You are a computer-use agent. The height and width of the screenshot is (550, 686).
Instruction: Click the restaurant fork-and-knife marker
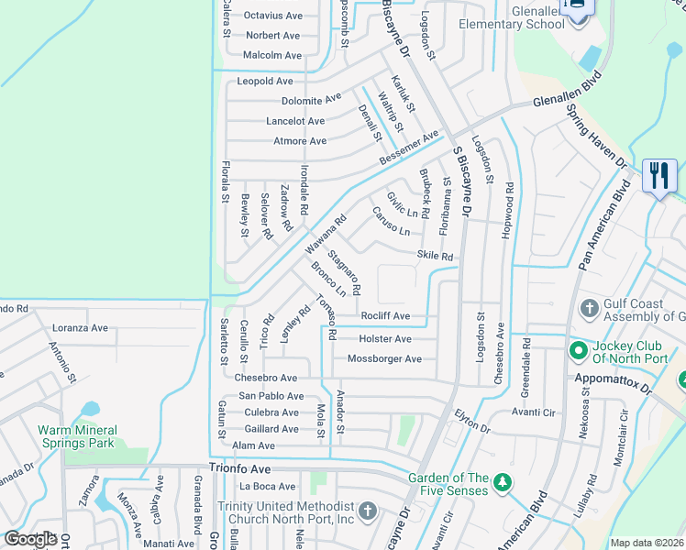click(658, 175)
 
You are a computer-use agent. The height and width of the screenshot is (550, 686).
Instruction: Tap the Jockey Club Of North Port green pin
click(578, 350)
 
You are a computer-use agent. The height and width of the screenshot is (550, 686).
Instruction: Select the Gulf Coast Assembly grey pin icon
click(590, 306)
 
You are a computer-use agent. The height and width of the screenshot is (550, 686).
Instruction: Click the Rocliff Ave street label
click(384, 316)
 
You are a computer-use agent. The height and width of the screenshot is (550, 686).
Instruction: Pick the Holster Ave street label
click(384, 339)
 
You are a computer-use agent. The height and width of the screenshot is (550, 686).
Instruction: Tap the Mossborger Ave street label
click(384, 359)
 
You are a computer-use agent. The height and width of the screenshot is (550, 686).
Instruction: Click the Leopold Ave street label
click(265, 82)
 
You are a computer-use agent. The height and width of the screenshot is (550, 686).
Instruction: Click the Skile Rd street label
click(435, 257)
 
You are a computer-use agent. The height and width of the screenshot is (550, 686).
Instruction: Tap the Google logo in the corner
click(30, 539)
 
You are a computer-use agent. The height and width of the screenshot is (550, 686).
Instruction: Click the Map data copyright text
click(647, 543)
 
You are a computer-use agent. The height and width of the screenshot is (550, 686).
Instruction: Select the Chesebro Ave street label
click(266, 378)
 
